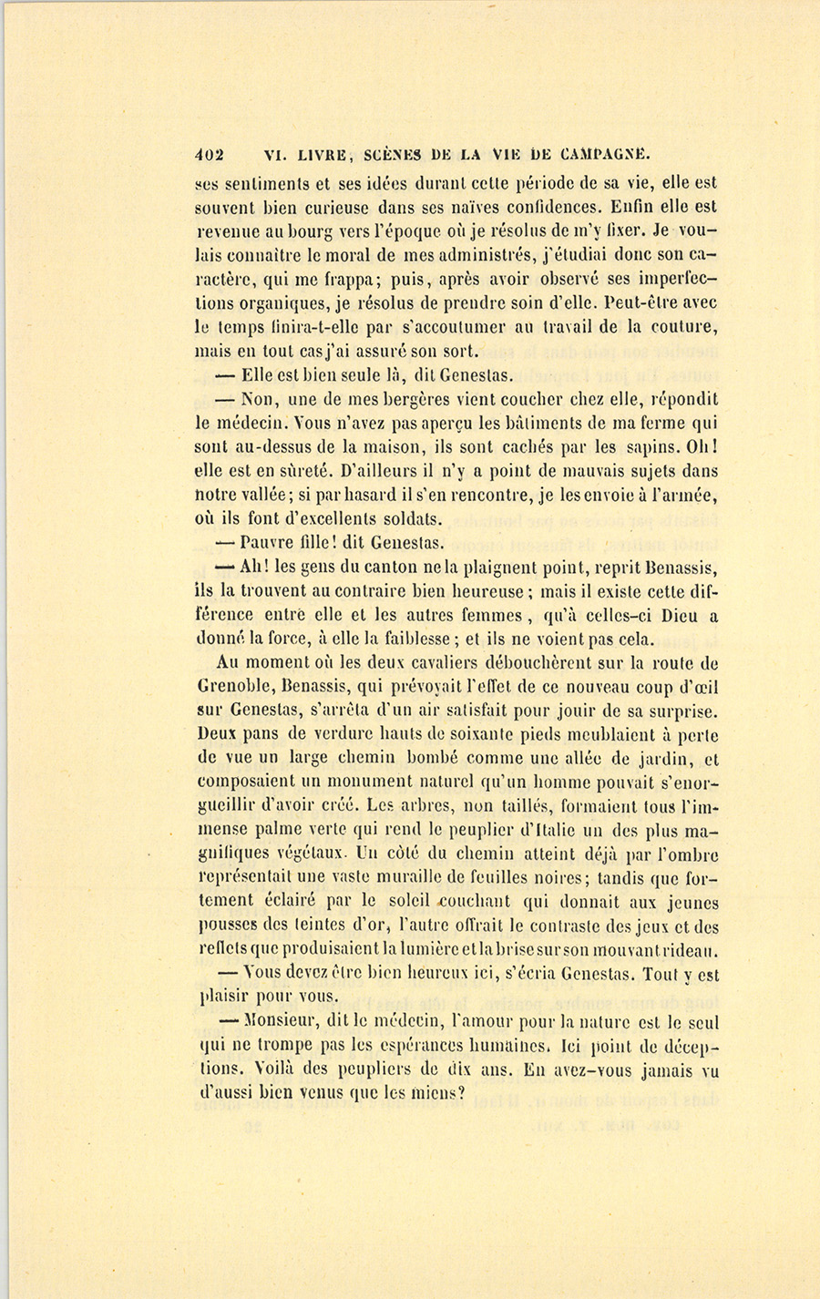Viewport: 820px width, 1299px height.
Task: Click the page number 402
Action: [x=211, y=154]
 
